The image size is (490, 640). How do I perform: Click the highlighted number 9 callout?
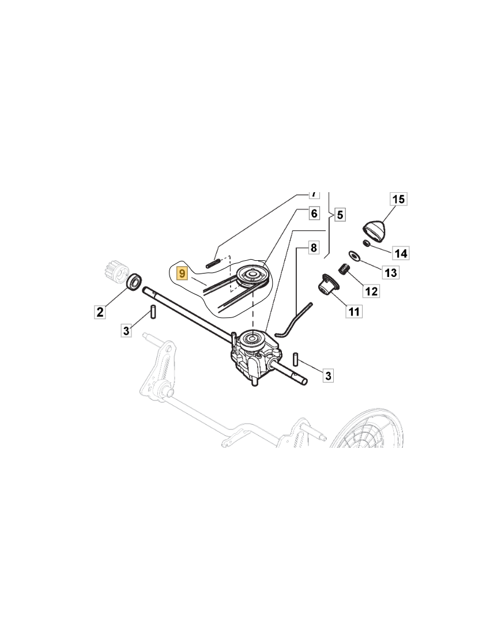pyautogui.click(x=182, y=273)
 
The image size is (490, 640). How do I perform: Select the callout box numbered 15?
pyautogui.click(x=399, y=200)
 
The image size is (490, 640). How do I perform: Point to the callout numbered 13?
pyautogui.click(x=391, y=272)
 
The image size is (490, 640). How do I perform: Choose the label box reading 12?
pyautogui.click(x=371, y=290)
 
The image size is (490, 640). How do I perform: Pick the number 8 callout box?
pyautogui.click(x=314, y=249)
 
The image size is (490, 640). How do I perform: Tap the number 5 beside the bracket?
pyautogui.click(x=340, y=215)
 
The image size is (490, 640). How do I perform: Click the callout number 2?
pyautogui.click(x=100, y=312)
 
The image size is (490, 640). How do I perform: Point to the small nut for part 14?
pyautogui.click(x=366, y=242)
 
